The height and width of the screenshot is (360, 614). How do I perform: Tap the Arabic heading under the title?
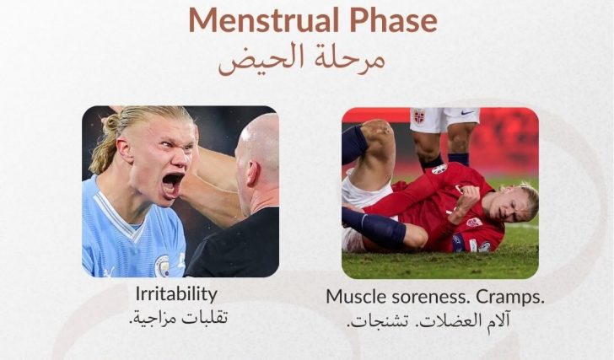[x=302, y=60]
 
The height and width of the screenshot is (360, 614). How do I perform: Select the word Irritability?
[x=176, y=294]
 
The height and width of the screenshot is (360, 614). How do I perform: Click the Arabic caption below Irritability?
[x=178, y=317]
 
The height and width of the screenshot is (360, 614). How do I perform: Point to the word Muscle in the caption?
[x=352, y=297]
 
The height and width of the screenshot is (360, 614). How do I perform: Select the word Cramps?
[x=510, y=298]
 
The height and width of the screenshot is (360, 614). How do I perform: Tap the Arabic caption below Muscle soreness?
[x=428, y=320]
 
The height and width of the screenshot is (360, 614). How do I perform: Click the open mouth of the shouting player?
[x=173, y=183]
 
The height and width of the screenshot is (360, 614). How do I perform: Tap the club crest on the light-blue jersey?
[x=162, y=266]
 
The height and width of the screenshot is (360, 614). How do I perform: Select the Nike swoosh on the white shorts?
[x=467, y=113]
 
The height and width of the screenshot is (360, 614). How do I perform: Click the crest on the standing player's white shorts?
[x=419, y=116]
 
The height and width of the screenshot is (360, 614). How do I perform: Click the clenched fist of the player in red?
[x=471, y=195]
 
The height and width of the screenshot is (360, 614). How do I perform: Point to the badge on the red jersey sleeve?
[x=474, y=222]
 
